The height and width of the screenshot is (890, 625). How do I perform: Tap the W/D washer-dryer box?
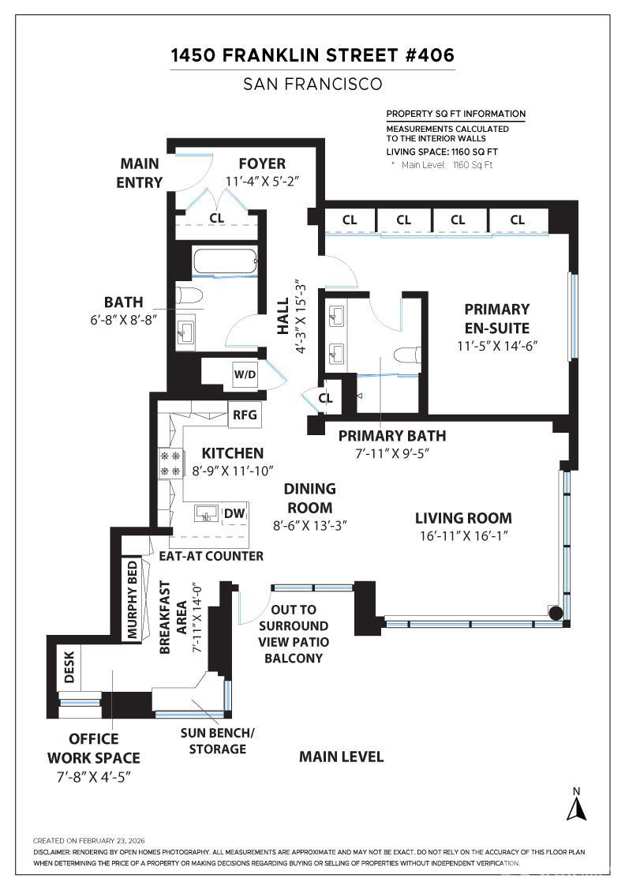pos(245,374)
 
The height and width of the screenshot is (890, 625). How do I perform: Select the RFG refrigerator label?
pos(245,415)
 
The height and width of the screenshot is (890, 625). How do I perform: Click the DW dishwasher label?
pos(234,513)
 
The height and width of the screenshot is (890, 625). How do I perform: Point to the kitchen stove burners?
pos(170,463)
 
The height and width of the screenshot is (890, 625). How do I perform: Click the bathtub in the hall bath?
pos(226,262)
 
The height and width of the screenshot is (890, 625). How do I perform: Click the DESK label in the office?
pos(69,667)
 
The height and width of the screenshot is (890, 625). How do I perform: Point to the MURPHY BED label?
pos(133,599)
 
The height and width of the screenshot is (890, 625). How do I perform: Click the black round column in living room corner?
pos(556,613)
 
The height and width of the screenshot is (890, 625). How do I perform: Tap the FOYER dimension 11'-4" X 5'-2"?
pos(262,182)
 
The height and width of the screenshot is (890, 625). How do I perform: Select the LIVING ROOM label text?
pos(463,518)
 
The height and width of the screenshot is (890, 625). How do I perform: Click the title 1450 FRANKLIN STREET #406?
pos(312,55)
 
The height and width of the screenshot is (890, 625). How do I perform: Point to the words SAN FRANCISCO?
pos(312,84)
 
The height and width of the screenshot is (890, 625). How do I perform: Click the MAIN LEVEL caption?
pos(342,757)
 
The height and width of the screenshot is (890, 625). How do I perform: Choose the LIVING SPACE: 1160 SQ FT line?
pos(442,152)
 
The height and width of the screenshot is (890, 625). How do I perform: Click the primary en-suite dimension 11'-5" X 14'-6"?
pos(497,346)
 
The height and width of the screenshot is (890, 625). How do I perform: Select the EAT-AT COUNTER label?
pos(211,556)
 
